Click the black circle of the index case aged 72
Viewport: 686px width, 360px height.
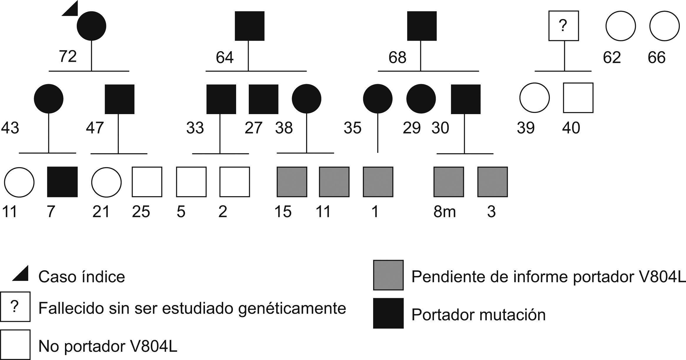pos(91,26)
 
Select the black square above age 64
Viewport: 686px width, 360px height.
pos(249,26)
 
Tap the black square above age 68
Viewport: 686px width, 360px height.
pos(422,26)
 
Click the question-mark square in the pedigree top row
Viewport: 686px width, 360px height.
pos(563,26)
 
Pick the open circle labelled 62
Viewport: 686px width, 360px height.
pos(620,26)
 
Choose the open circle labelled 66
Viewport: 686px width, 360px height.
pos(665,26)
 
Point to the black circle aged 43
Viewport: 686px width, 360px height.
pos(49,99)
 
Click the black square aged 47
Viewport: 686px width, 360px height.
pos(119,99)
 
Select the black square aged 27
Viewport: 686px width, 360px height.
pos(263,99)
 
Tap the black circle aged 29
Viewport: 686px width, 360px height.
pos(421,99)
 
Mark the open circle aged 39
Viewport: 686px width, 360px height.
pos(534,98)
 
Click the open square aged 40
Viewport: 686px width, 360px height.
pos(578,98)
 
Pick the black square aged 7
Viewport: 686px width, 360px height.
pos(62,182)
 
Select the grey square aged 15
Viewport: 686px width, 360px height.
pos(292,182)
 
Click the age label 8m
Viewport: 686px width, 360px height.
pos(444,212)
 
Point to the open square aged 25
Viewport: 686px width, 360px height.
pos(147,182)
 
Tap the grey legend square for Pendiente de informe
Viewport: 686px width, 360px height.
pos(388,275)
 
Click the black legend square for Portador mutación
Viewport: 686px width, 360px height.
pos(388,313)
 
